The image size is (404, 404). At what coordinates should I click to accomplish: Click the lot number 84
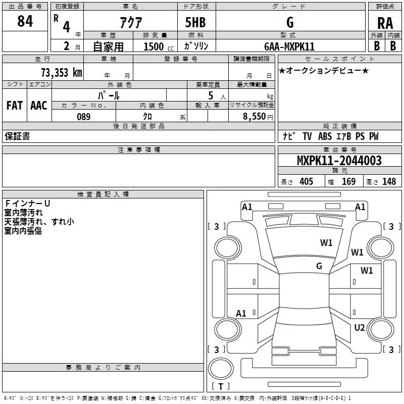[25, 21]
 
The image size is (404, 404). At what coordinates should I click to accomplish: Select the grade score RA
[385, 23]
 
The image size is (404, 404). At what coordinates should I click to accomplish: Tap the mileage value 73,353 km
[62, 73]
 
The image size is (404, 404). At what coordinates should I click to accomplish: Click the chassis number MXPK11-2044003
[339, 160]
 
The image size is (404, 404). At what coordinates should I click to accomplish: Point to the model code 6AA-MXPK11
[289, 46]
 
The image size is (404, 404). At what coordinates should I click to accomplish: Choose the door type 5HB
[195, 22]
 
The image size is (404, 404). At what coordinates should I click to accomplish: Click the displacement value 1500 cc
[159, 46]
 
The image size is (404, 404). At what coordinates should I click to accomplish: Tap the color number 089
[84, 117]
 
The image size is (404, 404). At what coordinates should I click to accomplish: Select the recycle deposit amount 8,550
[255, 117]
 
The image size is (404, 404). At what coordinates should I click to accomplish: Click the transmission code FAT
[15, 106]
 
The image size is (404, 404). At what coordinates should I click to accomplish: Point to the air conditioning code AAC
[39, 106]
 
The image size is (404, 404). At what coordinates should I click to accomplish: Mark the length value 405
[306, 181]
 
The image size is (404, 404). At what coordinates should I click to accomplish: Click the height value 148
[389, 181]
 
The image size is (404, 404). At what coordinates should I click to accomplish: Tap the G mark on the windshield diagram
[319, 266]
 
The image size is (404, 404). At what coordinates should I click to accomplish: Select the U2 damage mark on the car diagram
[360, 328]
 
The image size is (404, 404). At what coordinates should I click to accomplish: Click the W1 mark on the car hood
[326, 243]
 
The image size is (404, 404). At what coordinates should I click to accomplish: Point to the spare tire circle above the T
[221, 369]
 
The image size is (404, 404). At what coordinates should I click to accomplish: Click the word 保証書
[17, 136]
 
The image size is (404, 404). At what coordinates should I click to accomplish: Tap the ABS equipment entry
[325, 136]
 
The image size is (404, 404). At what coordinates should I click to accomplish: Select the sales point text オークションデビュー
[324, 71]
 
